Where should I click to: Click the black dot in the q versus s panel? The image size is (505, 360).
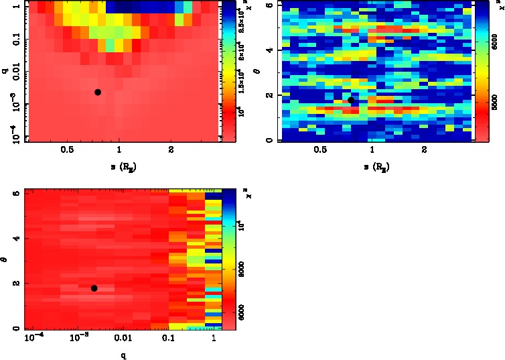[98, 92]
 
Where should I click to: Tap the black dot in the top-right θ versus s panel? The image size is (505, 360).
[350, 100]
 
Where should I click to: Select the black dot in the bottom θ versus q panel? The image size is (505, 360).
[94, 288]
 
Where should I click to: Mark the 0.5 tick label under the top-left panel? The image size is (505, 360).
[67, 152]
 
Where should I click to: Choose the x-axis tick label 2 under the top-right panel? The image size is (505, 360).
[423, 152]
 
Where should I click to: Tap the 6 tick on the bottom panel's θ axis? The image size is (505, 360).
[15, 194]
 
